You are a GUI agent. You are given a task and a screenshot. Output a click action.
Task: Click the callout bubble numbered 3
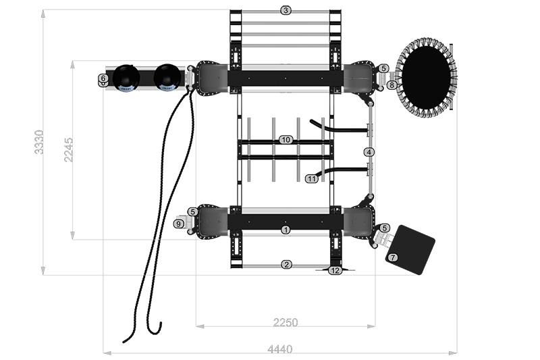click(x=286, y=11)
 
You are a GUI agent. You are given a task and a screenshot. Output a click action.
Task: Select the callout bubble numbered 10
click(x=286, y=140)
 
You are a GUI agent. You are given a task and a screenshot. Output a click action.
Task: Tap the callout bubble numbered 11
click(x=312, y=179)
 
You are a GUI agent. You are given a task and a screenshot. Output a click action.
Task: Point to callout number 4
click(x=369, y=152)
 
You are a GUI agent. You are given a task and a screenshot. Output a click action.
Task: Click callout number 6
click(x=103, y=78)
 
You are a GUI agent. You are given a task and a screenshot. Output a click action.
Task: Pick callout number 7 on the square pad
click(x=393, y=257)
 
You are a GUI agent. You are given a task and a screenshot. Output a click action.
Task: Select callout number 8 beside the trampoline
click(x=391, y=84)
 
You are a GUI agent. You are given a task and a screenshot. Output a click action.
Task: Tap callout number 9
click(x=178, y=224)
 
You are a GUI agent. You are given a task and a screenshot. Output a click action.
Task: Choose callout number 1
click(x=286, y=230)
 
